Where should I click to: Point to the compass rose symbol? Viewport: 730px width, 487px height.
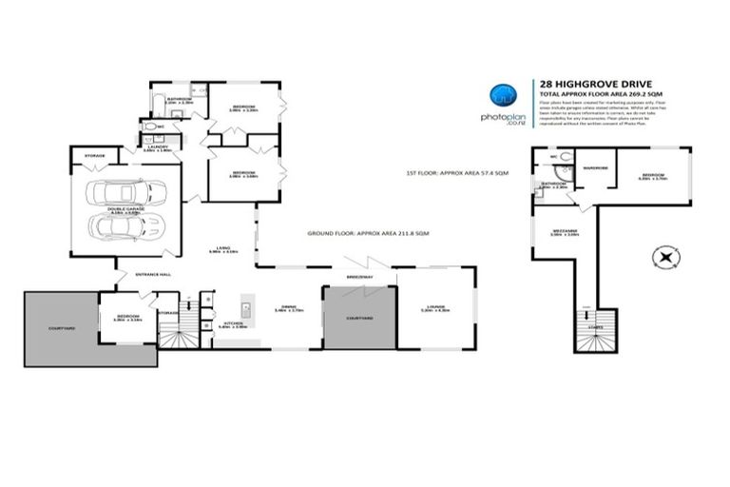[x=663, y=257]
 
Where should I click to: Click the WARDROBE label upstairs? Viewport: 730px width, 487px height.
[x=597, y=168]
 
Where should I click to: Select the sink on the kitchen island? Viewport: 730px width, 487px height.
[x=245, y=308]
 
